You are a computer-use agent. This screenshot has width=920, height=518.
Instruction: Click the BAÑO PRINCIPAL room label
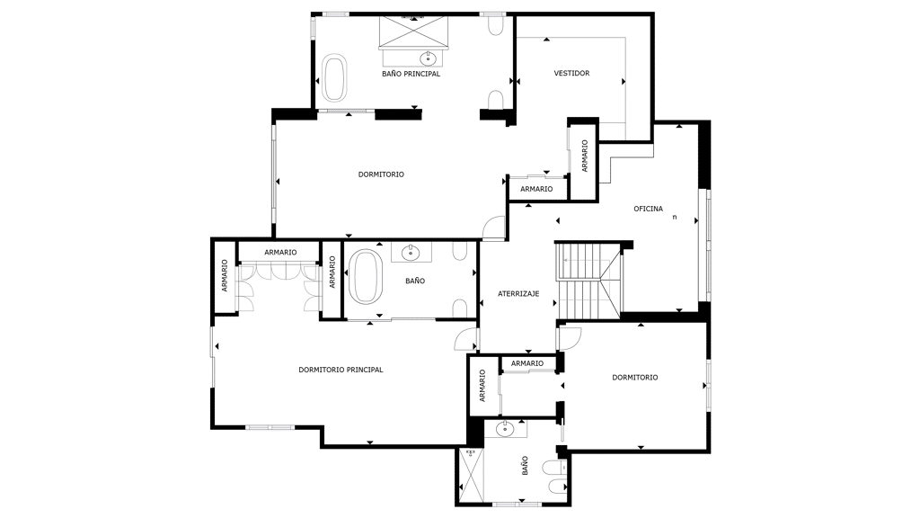[411, 74]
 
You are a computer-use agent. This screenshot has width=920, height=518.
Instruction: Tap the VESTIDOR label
[571, 74]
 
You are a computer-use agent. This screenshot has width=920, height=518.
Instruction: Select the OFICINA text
[649, 209]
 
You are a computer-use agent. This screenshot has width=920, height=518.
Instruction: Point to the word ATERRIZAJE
[518, 294]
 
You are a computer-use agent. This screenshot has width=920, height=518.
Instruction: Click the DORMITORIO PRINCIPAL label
[341, 370]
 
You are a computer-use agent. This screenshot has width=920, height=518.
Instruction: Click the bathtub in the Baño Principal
[334, 77]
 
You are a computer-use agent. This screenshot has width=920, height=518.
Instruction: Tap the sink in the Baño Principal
[428, 58]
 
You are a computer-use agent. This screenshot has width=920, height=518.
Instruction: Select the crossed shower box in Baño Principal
[413, 31]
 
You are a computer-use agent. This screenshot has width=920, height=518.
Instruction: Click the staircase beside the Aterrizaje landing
[588, 281]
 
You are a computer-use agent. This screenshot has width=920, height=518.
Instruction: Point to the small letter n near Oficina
[675, 217]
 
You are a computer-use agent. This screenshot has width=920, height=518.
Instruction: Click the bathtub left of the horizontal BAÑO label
[366, 277]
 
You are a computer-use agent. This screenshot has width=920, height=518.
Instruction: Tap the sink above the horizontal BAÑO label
[411, 253]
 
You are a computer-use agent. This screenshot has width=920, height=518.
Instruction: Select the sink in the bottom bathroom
[505, 429]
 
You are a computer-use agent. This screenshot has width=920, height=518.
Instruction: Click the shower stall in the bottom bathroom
[471, 476]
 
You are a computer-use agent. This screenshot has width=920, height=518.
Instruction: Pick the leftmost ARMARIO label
[224, 276]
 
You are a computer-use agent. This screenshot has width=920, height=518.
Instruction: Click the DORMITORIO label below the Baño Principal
[381, 174]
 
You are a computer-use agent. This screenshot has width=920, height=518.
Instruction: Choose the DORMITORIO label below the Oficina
[635, 378]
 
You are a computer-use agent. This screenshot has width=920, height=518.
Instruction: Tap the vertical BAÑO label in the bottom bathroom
[525, 466]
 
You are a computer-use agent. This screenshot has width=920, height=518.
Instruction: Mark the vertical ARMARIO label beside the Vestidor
[584, 156]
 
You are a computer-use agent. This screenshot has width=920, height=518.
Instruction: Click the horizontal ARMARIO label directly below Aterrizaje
[526, 363]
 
